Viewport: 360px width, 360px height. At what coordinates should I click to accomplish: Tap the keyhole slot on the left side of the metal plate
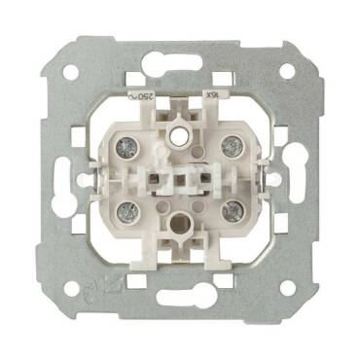click(67, 178)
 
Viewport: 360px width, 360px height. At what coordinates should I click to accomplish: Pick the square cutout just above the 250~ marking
click(135, 79)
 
